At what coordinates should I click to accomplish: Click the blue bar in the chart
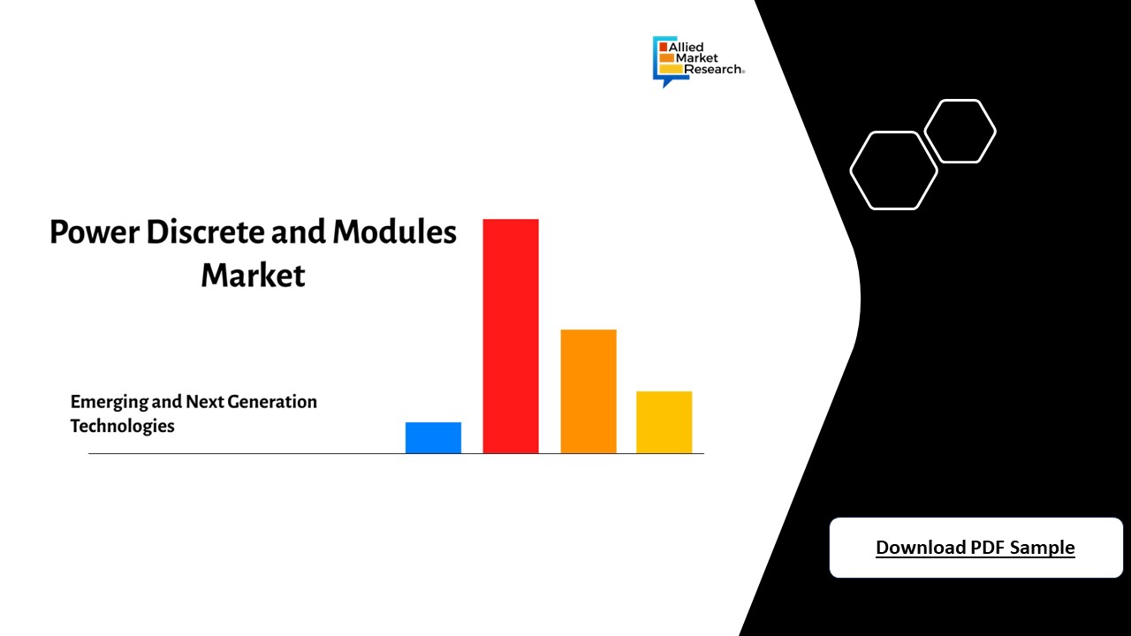(433, 438)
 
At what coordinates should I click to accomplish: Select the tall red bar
(511, 336)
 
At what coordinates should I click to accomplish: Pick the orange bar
(588, 391)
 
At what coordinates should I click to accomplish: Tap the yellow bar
(664, 422)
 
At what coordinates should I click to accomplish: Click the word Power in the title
(95, 232)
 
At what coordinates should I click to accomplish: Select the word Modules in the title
(395, 232)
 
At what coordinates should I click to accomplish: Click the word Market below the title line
(253, 275)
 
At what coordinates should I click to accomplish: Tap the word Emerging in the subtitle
(109, 402)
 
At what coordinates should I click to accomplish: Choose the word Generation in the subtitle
(272, 402)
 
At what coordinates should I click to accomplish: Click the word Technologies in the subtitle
(123, 426)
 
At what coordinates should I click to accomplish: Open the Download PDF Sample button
(975, 548)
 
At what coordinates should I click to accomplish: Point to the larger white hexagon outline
(893, 170)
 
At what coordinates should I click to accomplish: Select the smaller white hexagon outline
(960, 132)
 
